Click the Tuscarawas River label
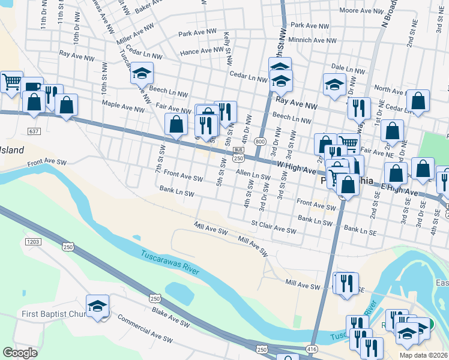tap(170, 262)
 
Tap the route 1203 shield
tap(33, 242)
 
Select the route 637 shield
tap(34, 130)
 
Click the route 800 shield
tap(259, 141)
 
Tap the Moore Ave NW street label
tap(361, 11)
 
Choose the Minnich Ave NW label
tap(313, 40)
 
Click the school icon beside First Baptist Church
tap(97, 307)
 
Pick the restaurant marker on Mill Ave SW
tap(346, 284)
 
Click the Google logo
tap(20, 353)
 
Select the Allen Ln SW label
tap(253, 175)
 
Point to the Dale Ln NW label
tap(348, 70)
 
